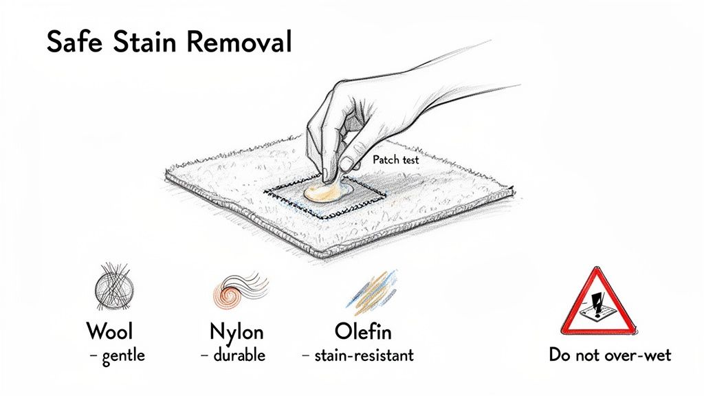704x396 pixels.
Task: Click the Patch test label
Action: pyautogui.click(x=397, y=159)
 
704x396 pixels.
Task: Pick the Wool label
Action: pyautogui.click(x=109, y=331)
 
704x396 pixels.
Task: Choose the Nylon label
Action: pyautogui.click(x=236, y=331)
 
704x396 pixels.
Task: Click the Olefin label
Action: pyautogui.click(x=363, y=331)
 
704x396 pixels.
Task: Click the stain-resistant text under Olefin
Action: pyautogui.click(x=364, y=355)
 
